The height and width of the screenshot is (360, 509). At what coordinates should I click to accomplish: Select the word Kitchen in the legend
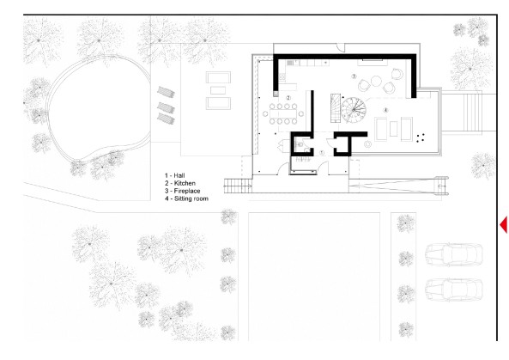point(186,183)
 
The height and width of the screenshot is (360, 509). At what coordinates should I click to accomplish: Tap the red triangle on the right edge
point(504,224)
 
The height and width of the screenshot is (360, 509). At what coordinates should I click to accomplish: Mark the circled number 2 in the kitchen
point(289,97)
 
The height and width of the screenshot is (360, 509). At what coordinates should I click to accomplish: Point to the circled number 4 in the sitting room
point(385,110)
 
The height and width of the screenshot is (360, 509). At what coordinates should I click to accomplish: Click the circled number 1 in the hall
point(322,152)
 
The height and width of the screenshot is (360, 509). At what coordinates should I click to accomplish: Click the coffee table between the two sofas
point(396,130)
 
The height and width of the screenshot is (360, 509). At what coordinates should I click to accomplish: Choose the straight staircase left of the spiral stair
point(330,109)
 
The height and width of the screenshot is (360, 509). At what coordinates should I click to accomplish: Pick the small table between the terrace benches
point(218,89)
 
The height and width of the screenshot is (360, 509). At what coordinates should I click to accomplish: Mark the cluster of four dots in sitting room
point(419,136)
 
